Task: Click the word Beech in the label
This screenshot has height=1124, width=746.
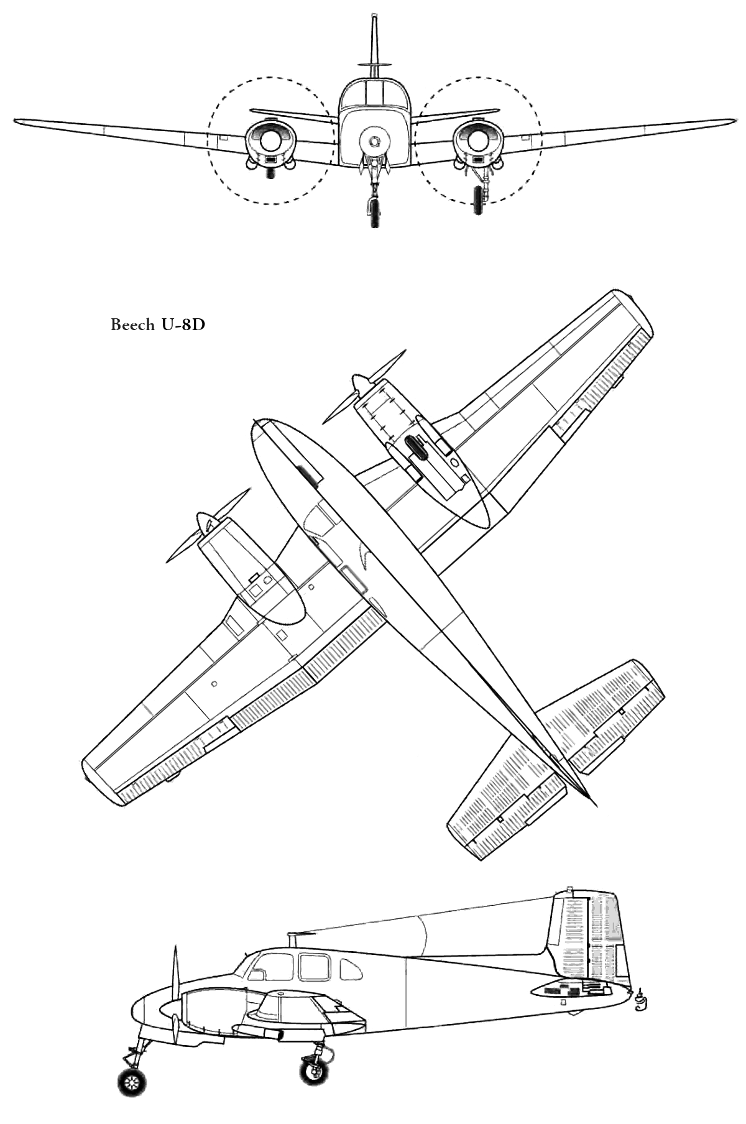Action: (x=132, y=325)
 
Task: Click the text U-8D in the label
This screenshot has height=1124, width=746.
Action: (x=182, y=325)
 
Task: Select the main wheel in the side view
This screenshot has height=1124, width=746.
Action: (x=314, y=1070)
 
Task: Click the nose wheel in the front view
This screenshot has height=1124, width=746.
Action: (x=373, y=212)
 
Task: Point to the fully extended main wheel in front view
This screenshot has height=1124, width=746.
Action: (x=477, y=200)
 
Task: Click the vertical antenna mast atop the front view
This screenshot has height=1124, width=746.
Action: (x=374, y=40)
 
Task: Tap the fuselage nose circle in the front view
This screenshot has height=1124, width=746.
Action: (x=374, y=141)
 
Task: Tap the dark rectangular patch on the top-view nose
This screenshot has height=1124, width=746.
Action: (x=310, y=476)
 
